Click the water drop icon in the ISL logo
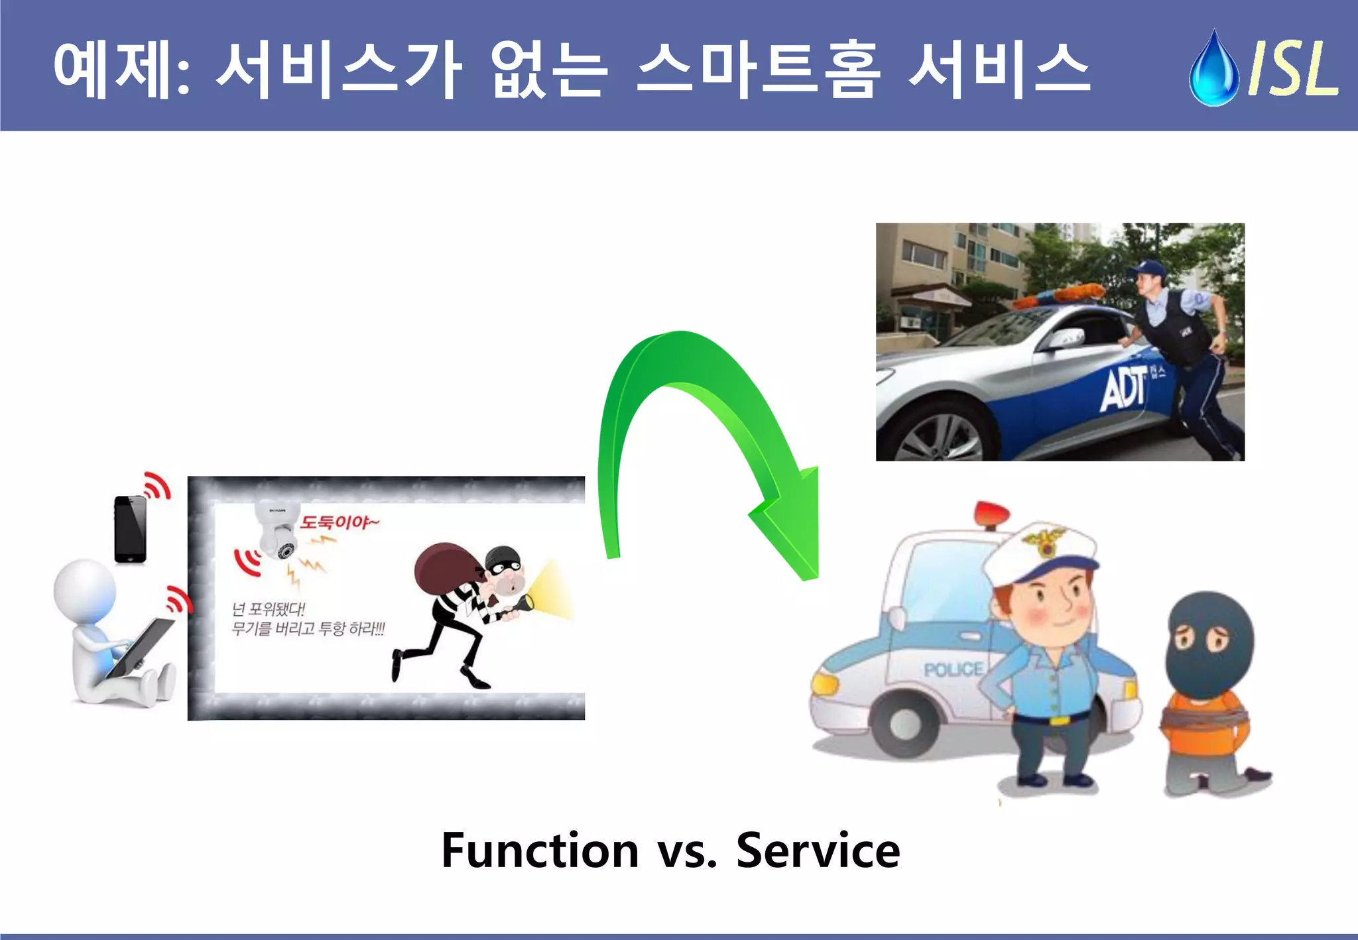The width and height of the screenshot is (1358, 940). (x=1213, y=70)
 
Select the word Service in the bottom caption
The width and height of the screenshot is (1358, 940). (x=818, y=851)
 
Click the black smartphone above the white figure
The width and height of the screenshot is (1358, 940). (x=130, y=529)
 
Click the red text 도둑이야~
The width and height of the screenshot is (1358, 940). (x=339, y=522)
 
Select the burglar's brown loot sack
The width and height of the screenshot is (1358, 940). (x=445, y=570)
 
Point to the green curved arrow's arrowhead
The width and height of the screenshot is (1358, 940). (x=792, y=530)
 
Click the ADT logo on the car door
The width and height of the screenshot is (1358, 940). (x=1123, y=389)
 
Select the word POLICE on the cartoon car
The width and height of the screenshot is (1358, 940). (x=954, y=670)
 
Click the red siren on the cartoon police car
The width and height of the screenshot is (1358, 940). (x=991, y=514)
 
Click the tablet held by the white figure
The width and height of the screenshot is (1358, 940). (x=142, y=646)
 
